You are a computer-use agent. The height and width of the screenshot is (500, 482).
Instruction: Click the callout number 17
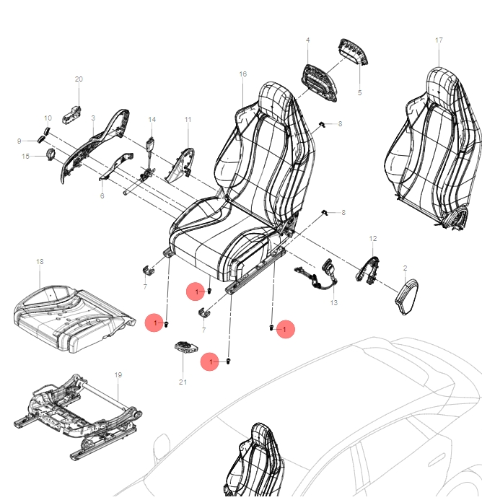[x=439, y=40]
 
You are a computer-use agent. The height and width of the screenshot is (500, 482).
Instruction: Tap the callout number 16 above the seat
[x=242, y=74]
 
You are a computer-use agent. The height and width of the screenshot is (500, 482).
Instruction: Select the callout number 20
[x=79, y=79]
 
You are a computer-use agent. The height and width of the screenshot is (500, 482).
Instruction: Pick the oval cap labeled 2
[x=408, y=296]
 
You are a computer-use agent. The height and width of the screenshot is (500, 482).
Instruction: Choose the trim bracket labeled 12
[x=368, y=267]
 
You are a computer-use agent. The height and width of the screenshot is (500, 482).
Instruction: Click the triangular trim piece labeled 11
[x=180, y=162]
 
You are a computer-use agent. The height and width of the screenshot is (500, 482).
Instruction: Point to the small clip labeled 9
[x=42, y=140]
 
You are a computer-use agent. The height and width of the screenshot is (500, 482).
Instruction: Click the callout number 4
[x=307, y=40]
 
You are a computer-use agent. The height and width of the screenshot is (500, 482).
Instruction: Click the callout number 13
[x=333, y=303]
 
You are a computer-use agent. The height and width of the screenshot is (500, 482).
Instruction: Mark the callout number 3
[x=93, y=117]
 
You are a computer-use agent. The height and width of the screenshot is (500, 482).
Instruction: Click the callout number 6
[x=102, y=196]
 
